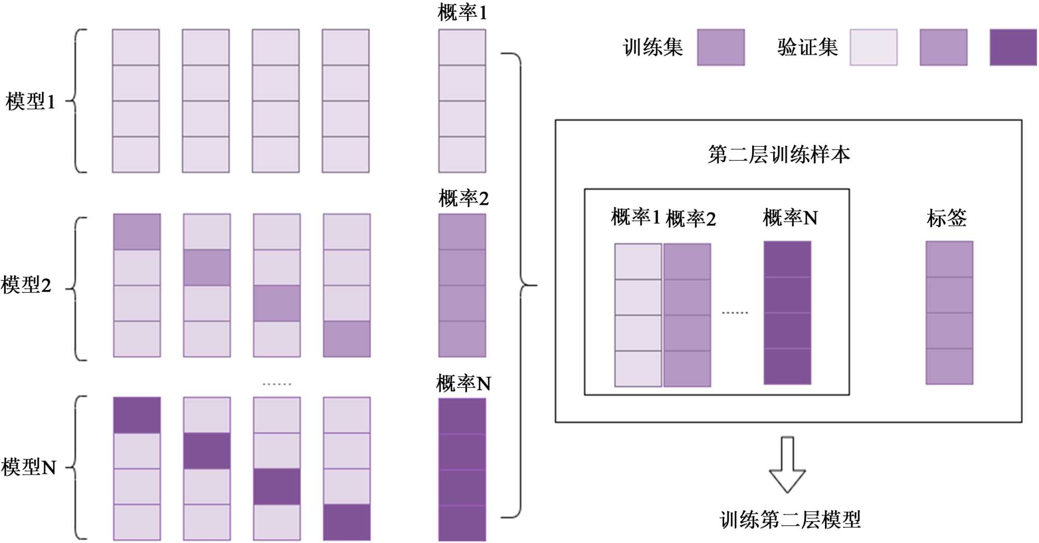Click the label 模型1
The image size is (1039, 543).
(30, 101)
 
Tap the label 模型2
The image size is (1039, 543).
(26, 285)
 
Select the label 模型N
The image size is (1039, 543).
(29, 467)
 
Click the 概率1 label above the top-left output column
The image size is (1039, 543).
(462, 13)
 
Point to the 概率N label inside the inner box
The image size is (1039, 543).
(790, 218)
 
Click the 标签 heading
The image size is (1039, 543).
(947, 218)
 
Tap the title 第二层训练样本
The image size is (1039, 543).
(779, 154)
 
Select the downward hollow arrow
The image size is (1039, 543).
(787, 465)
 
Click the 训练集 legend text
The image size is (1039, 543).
(653, 47)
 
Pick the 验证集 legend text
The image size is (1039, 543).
(807, 47)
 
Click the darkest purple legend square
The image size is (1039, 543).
(1013, 47)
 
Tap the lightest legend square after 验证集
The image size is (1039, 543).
(873, 47)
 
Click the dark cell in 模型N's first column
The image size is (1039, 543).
(137, 415)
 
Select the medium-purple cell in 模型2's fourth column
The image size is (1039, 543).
(347, 339)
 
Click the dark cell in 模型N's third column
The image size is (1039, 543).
(276, 486)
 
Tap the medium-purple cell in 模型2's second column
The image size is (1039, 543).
(207, 268)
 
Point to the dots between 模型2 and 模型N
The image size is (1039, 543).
(277, 384)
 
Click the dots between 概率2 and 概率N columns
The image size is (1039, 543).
(735, 313)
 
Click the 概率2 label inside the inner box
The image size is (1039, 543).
(690, 219)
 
